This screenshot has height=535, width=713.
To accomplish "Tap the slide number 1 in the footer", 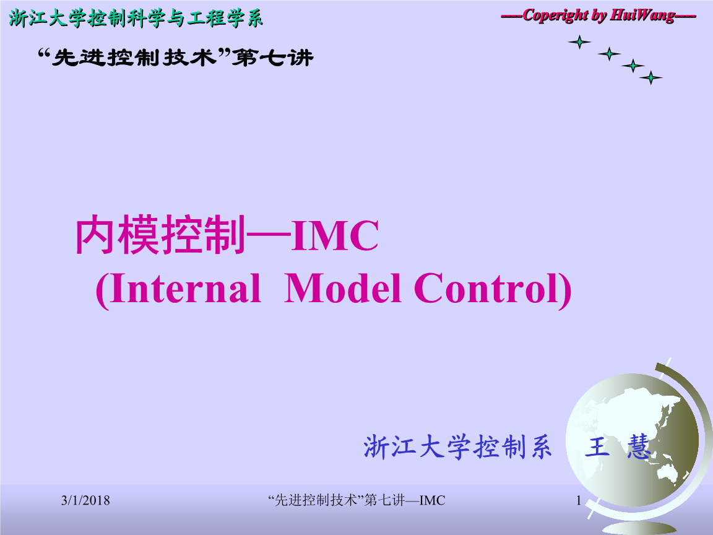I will coord(579,500).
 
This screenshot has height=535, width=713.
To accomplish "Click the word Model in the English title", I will coord(342,289).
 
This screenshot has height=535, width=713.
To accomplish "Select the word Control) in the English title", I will coord(493,289).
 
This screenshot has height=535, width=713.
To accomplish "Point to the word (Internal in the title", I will coord(178,289).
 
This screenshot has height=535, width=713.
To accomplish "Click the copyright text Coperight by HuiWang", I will coord(598,15).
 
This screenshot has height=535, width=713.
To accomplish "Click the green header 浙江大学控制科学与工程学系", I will coord(136,19).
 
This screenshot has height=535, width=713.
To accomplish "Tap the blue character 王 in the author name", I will coord(597,447).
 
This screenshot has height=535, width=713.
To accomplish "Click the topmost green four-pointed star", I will coord(579,42).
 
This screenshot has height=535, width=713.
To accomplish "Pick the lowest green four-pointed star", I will coord(650,78).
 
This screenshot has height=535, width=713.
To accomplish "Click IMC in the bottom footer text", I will coord(432,500).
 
